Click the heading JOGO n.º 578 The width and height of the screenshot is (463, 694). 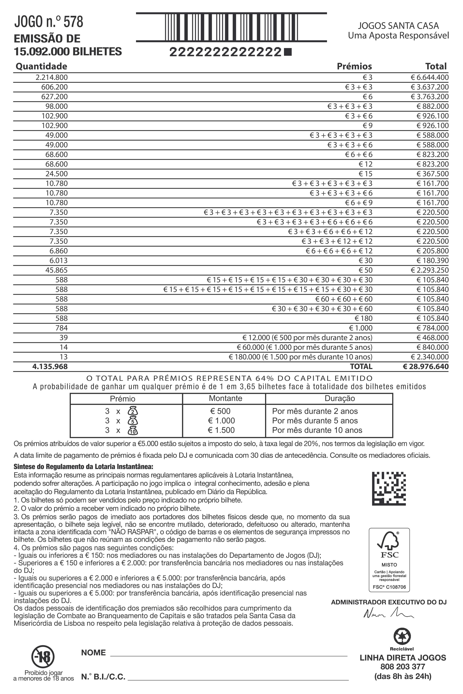tap(49, 22)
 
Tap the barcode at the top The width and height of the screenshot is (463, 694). tap(231, 27)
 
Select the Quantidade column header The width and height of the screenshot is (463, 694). tap(41, 66)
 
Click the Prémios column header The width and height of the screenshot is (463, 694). tap(354, 66)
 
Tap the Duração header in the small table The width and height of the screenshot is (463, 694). tap(340, 399)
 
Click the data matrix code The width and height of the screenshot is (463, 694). tap(389, 489)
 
